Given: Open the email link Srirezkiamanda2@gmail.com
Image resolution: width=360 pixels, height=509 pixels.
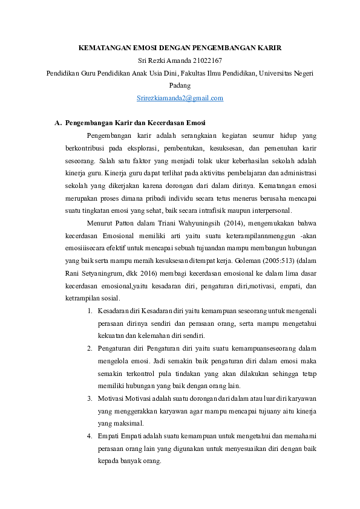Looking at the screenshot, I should coord(180,98).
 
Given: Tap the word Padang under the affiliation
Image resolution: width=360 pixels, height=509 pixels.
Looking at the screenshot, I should coord(180,85).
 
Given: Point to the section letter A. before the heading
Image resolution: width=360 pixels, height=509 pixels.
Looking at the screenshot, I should coord(58,123).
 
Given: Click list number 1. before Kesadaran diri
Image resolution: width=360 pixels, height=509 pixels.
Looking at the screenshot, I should coord(90,311).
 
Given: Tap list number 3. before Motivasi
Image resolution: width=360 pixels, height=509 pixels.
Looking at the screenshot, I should coord(90,398).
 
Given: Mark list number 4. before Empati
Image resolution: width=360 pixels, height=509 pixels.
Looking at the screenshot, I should coord(90,436).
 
